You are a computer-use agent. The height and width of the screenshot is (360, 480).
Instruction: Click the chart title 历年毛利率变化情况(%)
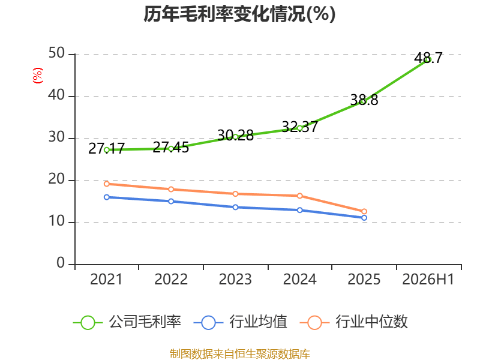239,14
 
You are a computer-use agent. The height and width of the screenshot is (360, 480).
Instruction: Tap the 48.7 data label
428,58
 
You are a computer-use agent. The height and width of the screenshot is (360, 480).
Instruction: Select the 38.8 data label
364,100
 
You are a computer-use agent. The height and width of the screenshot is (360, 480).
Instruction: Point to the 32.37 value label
299,127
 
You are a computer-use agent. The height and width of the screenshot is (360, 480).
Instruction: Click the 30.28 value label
235,136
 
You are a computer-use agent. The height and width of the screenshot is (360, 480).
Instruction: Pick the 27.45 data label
171,147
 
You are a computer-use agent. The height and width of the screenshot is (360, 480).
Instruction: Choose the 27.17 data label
106,148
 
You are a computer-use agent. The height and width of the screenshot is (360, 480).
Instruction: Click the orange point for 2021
107,184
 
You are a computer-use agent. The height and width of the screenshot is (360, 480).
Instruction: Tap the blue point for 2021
107,197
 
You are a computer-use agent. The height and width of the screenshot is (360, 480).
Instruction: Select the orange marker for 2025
364,212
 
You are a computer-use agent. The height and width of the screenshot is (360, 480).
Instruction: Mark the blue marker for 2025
364,218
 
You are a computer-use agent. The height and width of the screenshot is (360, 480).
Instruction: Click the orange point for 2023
235,194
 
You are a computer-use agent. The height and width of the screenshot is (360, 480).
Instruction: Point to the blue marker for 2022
171,201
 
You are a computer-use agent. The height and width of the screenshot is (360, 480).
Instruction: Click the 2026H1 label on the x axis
428,280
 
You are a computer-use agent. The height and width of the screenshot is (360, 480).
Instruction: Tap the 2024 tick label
299,280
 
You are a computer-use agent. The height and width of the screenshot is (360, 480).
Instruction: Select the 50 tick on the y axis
56,53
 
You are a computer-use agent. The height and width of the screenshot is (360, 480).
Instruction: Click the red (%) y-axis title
37,76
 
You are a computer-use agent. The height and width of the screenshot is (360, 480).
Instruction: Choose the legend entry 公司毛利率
127,322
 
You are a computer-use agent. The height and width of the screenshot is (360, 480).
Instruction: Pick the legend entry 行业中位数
353,322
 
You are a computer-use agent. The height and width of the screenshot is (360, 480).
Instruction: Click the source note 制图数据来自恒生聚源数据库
240,354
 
